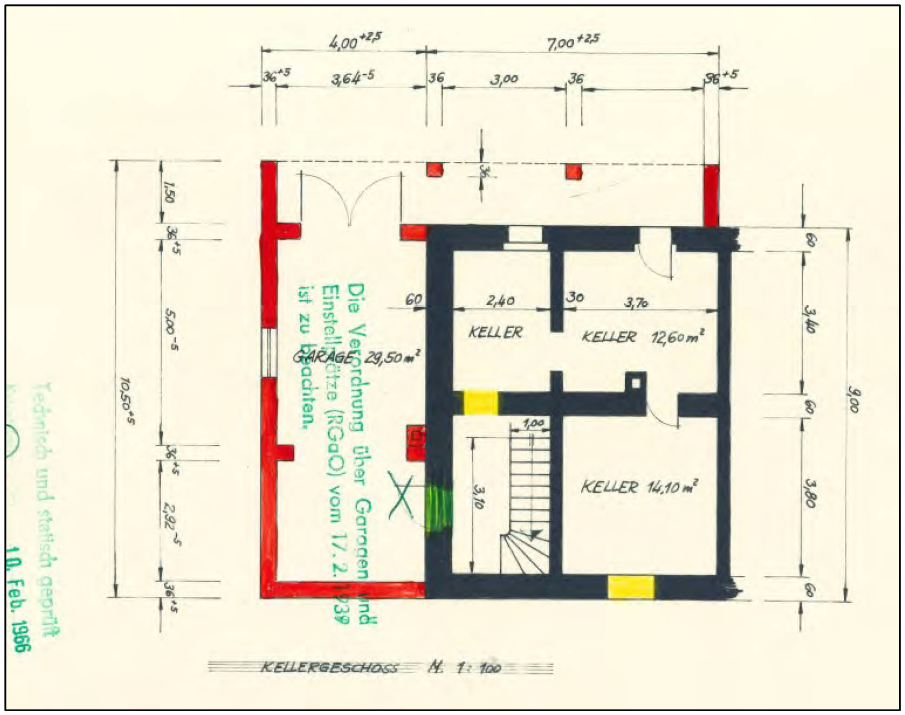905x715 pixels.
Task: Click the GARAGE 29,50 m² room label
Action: (x=356, y=357)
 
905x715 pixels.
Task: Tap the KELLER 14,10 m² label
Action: (x=639, y=487)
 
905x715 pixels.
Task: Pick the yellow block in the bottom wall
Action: (x=631, y=587)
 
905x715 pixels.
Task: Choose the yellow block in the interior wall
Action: (x=481, y=403)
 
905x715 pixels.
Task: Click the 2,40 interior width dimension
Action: (x=500, y=300)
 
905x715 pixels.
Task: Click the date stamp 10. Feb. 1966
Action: (x=19, y=598)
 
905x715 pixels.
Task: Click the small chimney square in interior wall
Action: (x=636, y=383)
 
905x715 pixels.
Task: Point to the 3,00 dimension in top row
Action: (x=504, y=80)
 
